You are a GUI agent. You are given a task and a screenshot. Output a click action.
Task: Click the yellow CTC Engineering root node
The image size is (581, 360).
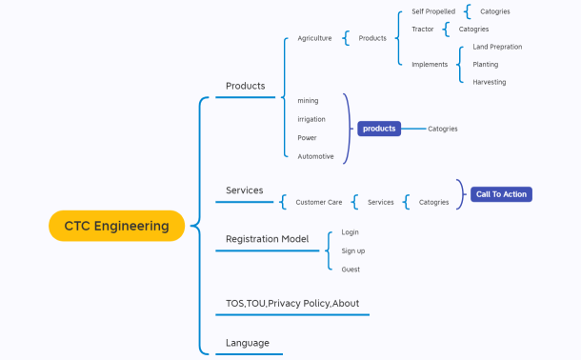(x=116, y=226)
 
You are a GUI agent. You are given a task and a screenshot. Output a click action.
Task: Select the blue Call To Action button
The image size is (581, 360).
(x=501, y=194)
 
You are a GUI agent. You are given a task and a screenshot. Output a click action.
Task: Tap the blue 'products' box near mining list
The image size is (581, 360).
(x=378, y=129)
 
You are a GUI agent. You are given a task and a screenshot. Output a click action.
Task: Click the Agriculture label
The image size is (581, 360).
(x=314, y=38)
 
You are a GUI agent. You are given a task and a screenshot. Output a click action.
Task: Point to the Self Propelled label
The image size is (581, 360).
(x=433, y=11)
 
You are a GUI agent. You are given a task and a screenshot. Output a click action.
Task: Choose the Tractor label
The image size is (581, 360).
(x=423, y=30)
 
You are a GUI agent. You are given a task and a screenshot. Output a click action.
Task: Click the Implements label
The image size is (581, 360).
(x=430, y=65)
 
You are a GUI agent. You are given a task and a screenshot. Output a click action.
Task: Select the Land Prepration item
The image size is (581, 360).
(x=497, y=47)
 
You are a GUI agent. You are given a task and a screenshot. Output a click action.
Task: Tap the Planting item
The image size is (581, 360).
(x=485, y=65)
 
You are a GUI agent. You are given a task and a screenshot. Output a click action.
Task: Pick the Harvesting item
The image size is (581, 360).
(x=490, y=82)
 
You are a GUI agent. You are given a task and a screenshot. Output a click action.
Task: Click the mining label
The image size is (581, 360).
(x=308, y=101)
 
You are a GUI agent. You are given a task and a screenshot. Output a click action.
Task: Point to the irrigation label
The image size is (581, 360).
(x=311, y=119)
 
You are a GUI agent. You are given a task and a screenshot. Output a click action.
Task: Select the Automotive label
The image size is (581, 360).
(x=315, y=156)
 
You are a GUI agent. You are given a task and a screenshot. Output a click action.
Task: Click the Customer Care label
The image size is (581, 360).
(x=318, y=202)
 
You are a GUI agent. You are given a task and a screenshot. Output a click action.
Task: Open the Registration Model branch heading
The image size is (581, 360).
(x=267, y=239)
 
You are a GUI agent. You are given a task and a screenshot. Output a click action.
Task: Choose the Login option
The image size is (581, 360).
(x=350, y=232)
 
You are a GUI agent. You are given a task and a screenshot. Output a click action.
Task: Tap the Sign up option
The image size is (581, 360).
(x=352, y=250)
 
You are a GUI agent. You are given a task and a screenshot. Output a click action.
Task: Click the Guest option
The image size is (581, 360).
(x=351, y=270)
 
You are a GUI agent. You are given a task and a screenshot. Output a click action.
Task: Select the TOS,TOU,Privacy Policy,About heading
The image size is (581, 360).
(x=291, y=304)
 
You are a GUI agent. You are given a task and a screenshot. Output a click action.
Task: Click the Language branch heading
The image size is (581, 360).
(x=248, y=343)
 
